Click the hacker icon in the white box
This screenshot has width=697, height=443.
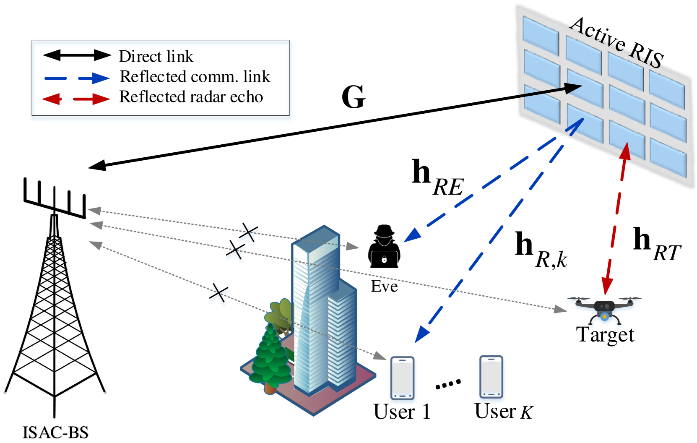[384, 247]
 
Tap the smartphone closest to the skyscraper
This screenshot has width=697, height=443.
[403, 380]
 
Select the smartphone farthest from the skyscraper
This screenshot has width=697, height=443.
[491, 378]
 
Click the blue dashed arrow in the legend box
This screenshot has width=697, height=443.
[78, 78]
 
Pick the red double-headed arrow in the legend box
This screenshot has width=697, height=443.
[76, 99]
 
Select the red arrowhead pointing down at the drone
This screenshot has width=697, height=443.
[607, 286]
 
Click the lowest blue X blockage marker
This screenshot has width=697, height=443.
[219, 294]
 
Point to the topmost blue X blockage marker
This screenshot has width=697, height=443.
[250, 234]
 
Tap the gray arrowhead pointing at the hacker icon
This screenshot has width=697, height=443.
[352, 247]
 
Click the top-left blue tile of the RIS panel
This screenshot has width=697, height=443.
[541, 36]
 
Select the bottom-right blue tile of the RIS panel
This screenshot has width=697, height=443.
[668, 158]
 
